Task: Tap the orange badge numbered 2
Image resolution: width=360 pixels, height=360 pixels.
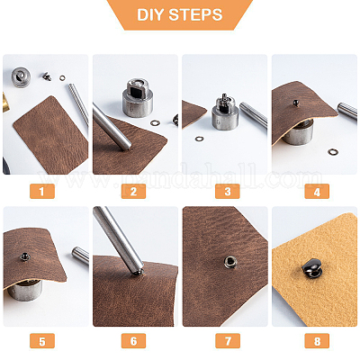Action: tap(134, 191)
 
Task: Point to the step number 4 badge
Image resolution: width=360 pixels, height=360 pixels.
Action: tap(314, 191)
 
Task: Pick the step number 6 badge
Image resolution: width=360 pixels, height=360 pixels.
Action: tap(134, 342)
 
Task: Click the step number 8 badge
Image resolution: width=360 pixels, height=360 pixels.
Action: tap(314, 342)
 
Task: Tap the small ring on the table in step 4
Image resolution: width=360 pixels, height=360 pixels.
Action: tap(333, 152)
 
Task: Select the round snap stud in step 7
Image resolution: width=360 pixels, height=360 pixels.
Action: tap(229, 262)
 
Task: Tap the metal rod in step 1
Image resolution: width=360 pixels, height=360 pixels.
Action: tap(78, 103)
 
